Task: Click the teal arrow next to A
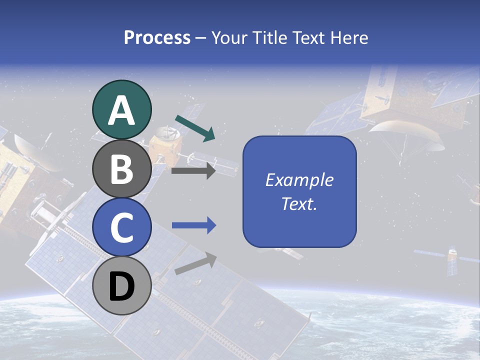coord(195,127)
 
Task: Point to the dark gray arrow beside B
coord(193,171)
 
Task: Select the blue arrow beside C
coord(193,225)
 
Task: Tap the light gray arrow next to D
coord(195,263)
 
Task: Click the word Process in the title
coord(157,37)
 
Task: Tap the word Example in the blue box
coord(299,180)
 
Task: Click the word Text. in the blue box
coord(299,203)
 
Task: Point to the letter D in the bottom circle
coord(122,287)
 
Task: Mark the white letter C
coord(122,227)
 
